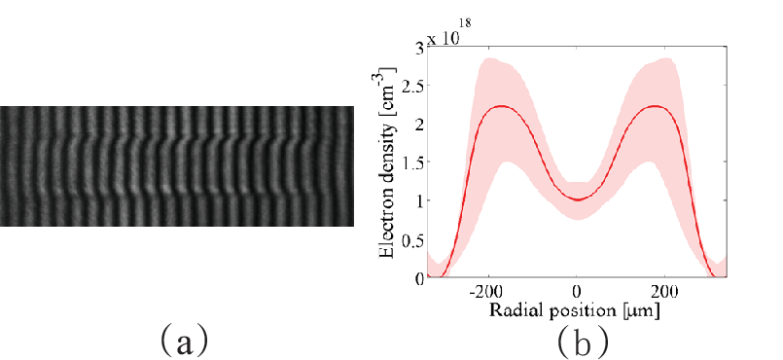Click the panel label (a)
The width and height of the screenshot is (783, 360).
184,341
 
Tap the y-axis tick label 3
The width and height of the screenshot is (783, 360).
419,49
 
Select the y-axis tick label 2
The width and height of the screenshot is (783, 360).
419,125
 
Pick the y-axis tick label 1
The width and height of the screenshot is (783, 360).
419,201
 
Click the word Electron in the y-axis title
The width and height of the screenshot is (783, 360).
389,225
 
